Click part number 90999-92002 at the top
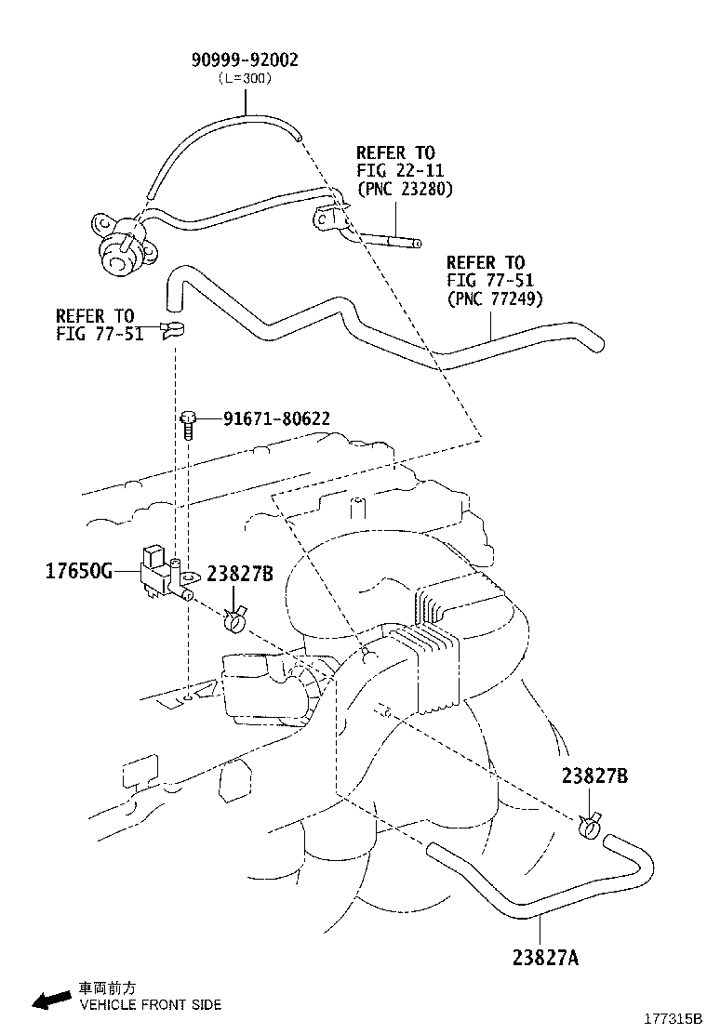pos(245,60)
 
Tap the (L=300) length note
pos(245,79)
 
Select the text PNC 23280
pos(405,189)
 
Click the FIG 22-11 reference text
pos(400,170)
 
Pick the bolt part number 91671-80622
pos(276,419)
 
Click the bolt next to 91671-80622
pos(189,423)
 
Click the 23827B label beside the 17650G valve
pos(239,574)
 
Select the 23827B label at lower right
pos(594,775)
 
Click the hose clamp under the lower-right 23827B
pos(590,824)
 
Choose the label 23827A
pos(544,955)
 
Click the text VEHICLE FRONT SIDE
pos(151,1004)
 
